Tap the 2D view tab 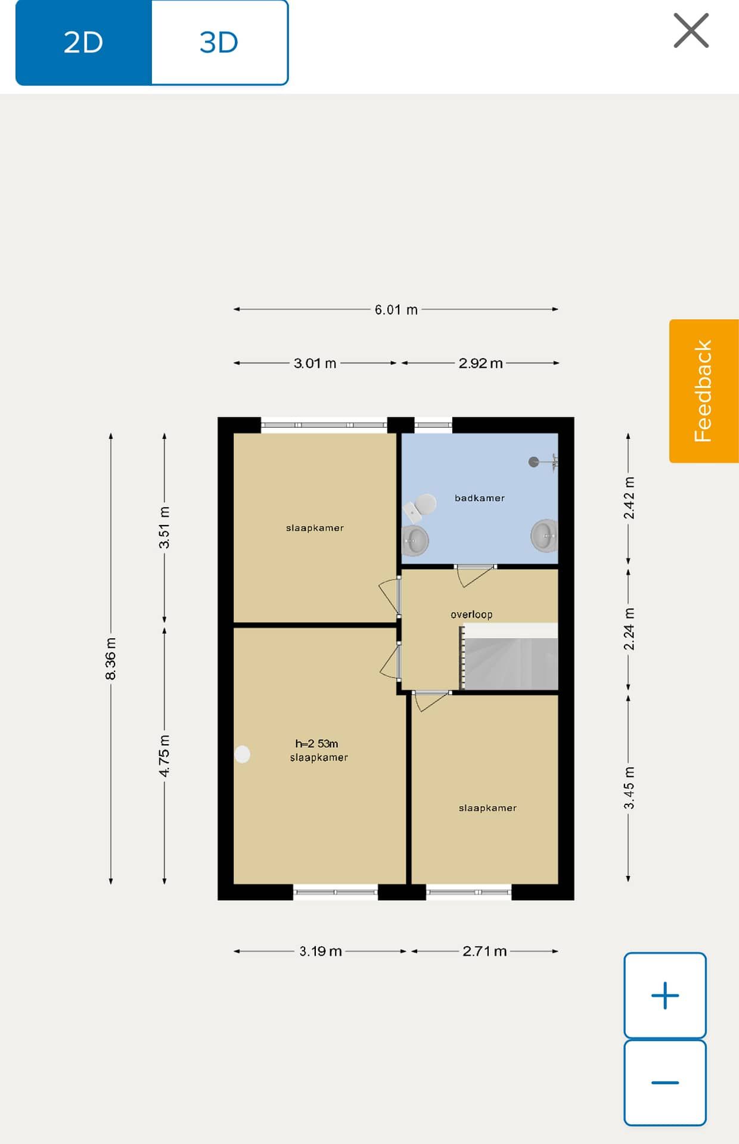click(83, 42)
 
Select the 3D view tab click(219, 42)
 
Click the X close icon click(691, 30)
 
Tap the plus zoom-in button click(665, 995)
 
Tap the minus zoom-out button click(665, 1083)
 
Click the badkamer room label click(480, 498)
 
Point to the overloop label click(471, 614)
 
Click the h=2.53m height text click(316, 744)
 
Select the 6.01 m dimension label click(396, 310)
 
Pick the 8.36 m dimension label click(111, 658)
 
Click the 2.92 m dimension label click(481, 363)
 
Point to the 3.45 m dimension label click(629, 788)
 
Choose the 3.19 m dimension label click(321, 951)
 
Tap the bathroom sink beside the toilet click(415, 540)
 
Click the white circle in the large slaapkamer click(242, 754)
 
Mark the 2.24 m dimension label click(629, 629)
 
